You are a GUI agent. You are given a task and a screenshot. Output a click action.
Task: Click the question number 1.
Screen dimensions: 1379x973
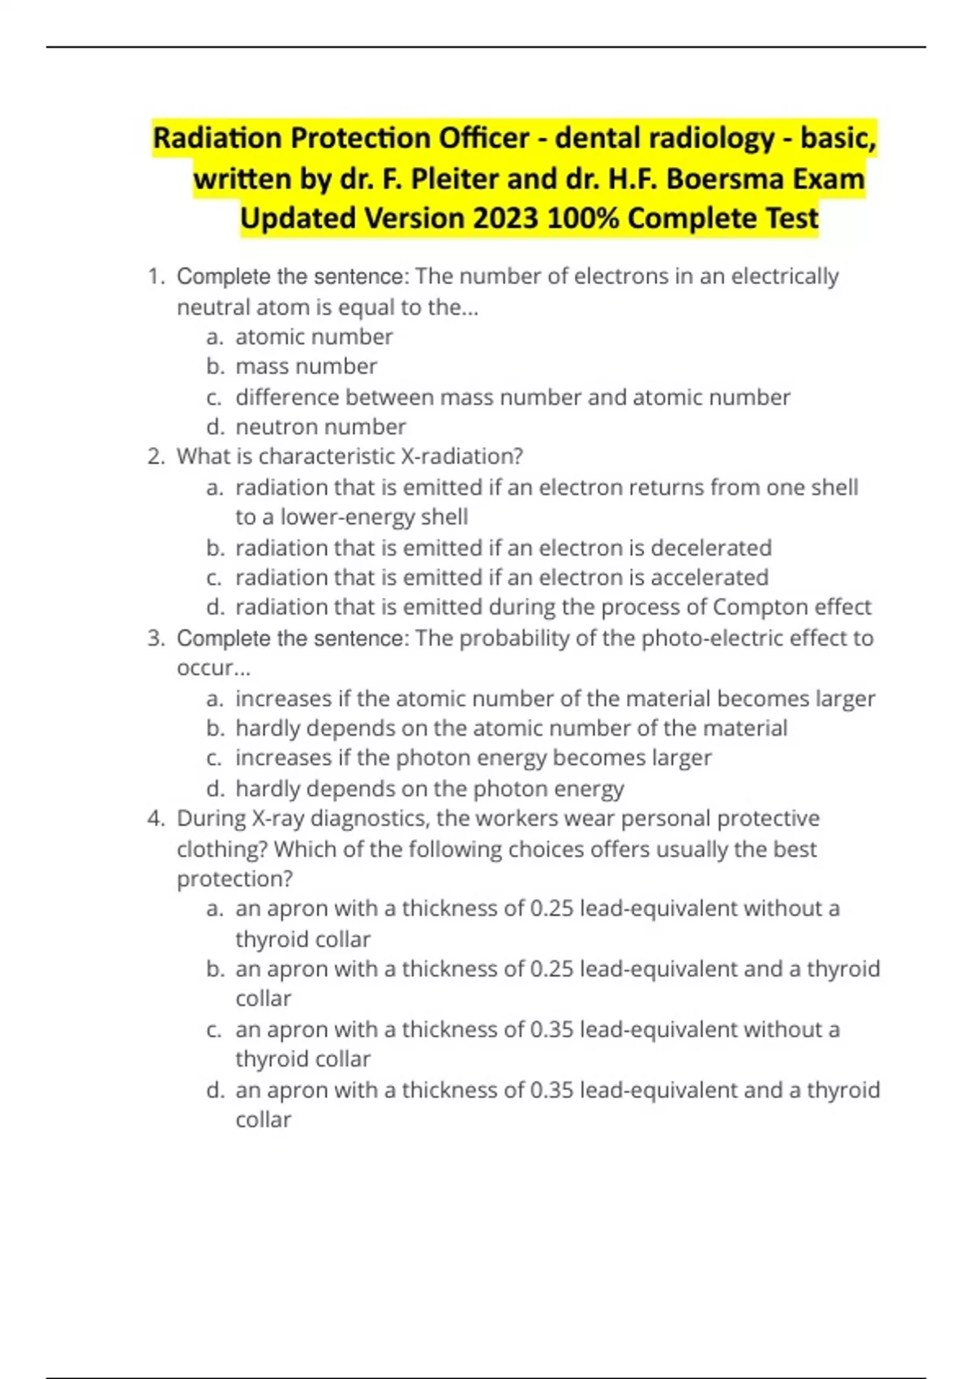point(156,277)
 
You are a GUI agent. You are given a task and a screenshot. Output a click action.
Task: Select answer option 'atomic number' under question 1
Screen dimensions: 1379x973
point(314,337)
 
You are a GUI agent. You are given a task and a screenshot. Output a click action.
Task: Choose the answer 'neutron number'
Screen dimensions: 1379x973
point(320,427)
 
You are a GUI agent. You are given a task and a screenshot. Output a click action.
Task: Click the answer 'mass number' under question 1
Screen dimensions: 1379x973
point(306,367)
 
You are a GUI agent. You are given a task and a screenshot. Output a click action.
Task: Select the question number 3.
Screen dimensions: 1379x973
point(156,638)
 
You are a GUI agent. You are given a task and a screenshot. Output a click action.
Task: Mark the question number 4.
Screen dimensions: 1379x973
point(156,818)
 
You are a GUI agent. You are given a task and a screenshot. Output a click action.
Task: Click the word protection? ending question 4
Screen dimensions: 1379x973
point(235,879)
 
